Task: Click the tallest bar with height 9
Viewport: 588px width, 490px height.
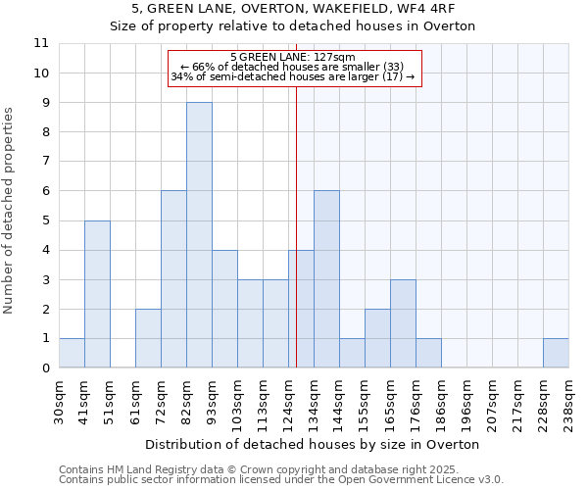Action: pyautogui.click(x=199, y=235)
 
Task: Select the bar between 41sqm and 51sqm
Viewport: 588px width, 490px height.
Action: pyautogui.click(x=97, y=294)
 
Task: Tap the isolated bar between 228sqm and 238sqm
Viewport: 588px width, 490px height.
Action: pyautogui.click(x=556, y=353)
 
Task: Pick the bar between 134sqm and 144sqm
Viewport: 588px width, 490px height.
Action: pyautogui.click(x=326, y=279)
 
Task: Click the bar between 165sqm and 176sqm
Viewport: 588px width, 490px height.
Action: pyautogui.click(x=403, y=323)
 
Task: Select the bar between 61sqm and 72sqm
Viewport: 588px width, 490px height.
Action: pyautogui.click(x=148, y=338)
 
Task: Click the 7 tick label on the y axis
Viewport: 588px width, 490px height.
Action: pyautogui.click(x=44, y=162)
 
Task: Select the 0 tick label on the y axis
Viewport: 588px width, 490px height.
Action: pyautogui.click(x=44, y=368)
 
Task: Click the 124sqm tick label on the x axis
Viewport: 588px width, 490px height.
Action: pyautogui.click(x=289, y=402)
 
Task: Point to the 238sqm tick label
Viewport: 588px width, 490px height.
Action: pyautogui.click(x=569, y=402)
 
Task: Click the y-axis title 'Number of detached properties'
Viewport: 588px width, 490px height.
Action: pyautogui.click(x=9, y=211)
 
